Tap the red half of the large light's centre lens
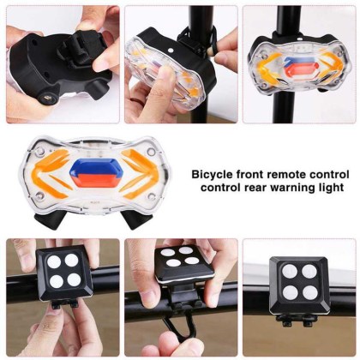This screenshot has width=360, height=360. (96, 181)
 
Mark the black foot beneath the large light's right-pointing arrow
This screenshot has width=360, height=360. (135, 219)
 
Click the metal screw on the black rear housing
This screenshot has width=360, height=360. (47, 99)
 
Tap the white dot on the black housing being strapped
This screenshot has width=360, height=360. (171, 50)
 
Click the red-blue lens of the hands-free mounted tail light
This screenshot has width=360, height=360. (300, 69)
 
